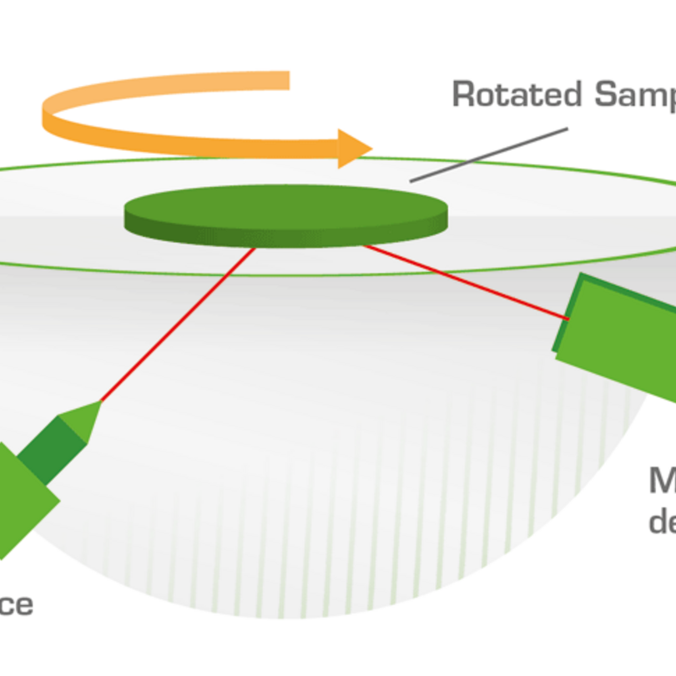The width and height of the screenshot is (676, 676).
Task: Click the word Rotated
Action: [517, 94]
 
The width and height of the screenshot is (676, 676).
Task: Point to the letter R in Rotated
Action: [464, 94]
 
